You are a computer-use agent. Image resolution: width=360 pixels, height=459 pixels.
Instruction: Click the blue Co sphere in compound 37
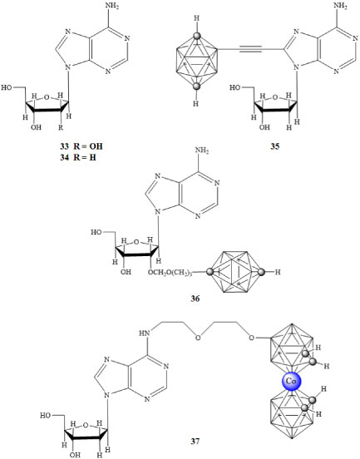point(291,382)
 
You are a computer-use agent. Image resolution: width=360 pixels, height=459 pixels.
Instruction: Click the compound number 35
point(275,146)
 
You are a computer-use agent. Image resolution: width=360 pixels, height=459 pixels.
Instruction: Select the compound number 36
point(195,299)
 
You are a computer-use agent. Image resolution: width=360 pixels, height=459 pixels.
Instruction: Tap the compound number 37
point(195,441)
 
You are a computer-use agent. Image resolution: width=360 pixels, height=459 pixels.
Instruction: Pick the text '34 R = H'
point(78,157)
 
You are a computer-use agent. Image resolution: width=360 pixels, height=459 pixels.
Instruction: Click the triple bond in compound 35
point(250,49)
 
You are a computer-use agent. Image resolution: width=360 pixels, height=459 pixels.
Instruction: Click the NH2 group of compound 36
point(202,151)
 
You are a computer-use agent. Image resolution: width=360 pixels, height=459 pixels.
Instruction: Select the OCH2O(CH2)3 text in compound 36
point(170,272)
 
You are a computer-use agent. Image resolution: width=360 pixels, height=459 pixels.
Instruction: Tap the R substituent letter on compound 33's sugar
point(61,127)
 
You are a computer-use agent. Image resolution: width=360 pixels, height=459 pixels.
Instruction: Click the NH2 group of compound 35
point(340,7)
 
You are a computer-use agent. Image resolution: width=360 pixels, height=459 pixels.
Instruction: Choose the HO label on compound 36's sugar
point(96,232)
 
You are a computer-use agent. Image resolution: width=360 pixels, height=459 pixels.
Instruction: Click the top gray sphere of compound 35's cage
point(197,37)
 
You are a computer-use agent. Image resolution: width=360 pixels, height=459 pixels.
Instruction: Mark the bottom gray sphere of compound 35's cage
point(197,86)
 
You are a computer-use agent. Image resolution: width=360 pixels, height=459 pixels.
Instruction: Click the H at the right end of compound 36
point(278,272)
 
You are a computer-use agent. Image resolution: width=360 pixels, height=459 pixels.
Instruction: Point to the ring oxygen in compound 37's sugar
point(86,425)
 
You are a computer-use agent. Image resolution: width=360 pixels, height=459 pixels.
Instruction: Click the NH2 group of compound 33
point(112,7)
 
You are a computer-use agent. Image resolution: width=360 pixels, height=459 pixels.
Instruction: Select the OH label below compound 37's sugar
point(75,455)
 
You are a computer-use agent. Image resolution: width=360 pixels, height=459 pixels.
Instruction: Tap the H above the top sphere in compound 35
point(197,18)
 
